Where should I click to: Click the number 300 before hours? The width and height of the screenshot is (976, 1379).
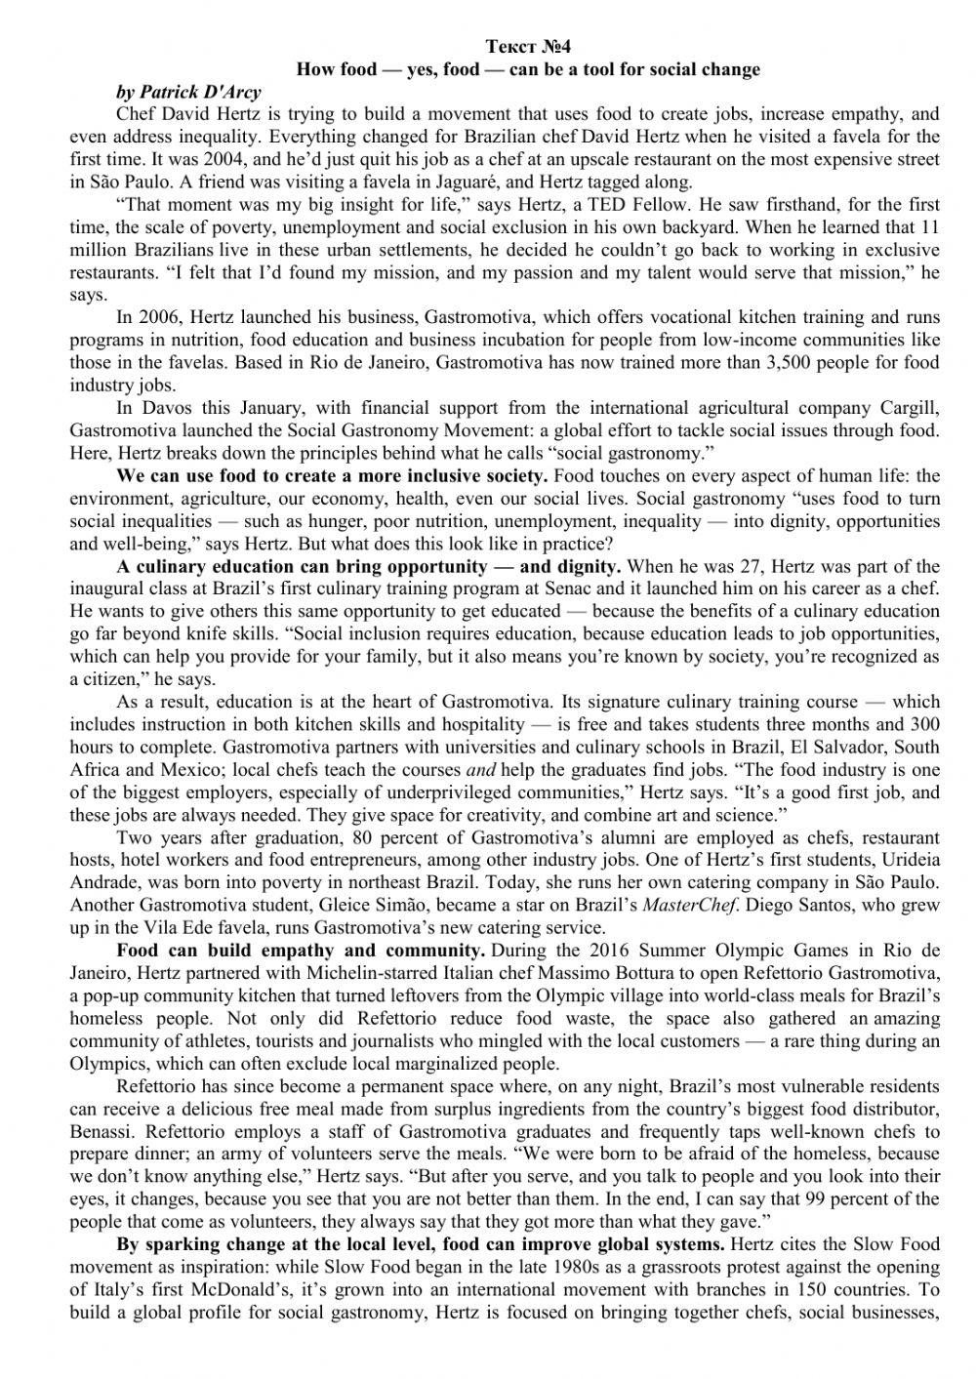point(924,724)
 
